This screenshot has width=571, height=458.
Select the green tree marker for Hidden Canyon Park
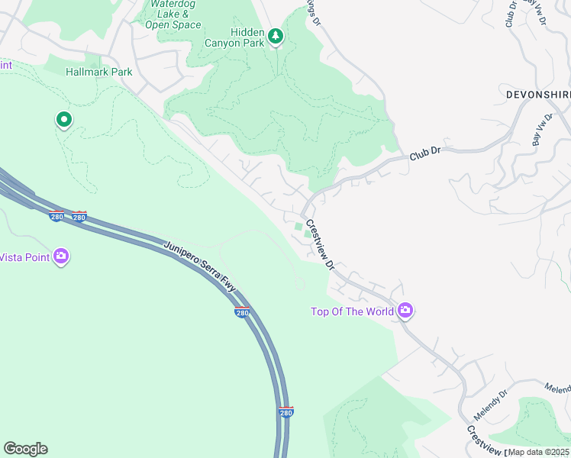click(276, 35)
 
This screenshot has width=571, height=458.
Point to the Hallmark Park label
click(99, 73)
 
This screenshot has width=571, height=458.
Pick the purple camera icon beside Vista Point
click(62, 256)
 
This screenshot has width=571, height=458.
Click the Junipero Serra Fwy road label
click(201, 266)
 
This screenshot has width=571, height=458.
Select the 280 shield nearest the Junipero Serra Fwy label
click(242, 313)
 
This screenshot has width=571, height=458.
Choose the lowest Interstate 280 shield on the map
click(285, 412)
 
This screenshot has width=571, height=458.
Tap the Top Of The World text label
click(352, 311)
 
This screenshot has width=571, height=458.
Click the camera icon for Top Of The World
click(405, 310)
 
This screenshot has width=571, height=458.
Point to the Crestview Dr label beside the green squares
click(320, 246)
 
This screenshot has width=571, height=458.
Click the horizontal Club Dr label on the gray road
click(426, 153)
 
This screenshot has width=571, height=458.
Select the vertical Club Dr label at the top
click(511, 14)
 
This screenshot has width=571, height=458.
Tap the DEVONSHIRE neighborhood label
click(537, 94)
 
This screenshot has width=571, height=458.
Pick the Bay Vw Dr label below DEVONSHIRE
click(542, 131)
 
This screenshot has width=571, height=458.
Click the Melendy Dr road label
click(490, 404)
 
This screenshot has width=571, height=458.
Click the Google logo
click(25, 449)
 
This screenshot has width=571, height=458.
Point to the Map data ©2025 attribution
click(538, 452)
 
